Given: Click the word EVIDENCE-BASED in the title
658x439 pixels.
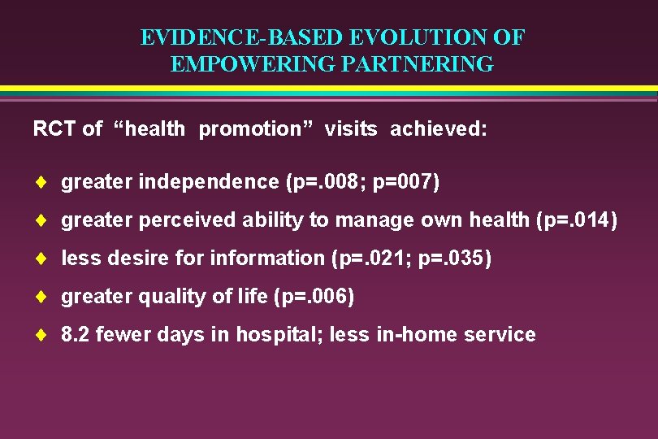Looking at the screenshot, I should (241, 37).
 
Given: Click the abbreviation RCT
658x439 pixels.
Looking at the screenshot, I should (55, 128).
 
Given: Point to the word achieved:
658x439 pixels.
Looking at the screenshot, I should (439, 128).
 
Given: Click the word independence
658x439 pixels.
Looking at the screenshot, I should (209, 181).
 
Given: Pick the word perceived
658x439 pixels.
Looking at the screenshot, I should (179, 219).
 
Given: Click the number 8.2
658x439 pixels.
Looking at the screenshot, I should (76, 334).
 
